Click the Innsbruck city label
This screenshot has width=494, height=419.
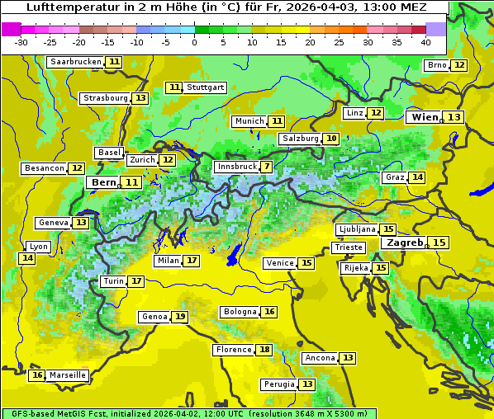tap(236, 167)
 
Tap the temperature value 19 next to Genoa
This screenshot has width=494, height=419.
tap(180, 317)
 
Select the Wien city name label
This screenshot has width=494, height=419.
tap(425, 117)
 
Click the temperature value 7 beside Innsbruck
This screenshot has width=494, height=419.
tap(267, 167)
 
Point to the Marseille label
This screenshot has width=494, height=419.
tap(68, 375)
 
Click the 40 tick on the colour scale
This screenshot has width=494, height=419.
tap(425, 42)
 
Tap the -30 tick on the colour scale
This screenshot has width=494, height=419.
tap(21, 42)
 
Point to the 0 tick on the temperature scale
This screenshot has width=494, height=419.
tap(195, 42)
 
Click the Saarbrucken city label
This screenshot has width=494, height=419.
tap(76, 62)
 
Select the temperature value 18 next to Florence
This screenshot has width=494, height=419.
tap(264, 350)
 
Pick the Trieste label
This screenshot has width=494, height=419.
tap(348, 247)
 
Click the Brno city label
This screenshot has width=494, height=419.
tap(436, 65)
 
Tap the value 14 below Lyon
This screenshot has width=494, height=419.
tap(27, 258)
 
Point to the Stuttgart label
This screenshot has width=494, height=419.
tap(206, 87)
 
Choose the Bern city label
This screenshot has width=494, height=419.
tap(104, 182)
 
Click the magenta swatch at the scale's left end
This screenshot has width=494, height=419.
tap(12, 29)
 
